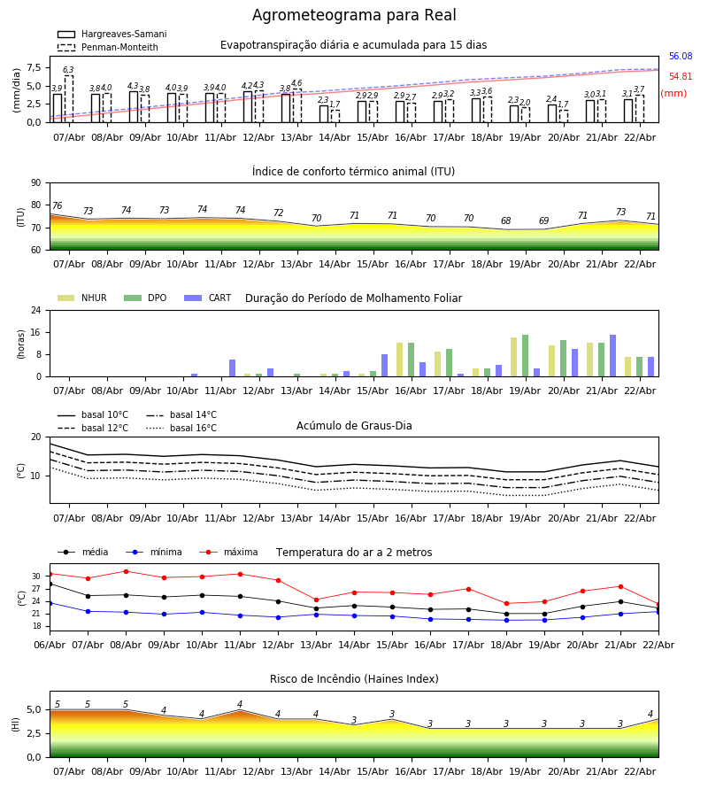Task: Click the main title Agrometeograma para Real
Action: click(x=354, y=16)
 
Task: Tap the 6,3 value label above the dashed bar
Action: click(x=68, y=70)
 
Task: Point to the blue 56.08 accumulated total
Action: click(x=681, y=57)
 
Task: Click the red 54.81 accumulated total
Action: click(x=681, y=77)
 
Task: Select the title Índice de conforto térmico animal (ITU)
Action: click(x=353, y=172)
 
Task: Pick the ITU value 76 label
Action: click(x=57, y=206)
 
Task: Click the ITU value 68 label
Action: click(x=505, y=221)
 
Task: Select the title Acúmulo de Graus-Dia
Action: click(x=354, y=426)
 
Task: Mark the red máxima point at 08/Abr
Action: click(x=126, y=571)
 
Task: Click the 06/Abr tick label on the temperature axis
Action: click(x=50, y=644)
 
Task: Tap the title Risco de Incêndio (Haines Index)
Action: click(x=354, y=679)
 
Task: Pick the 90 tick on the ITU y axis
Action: click(x=35, y=183)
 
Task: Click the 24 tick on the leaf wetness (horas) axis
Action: click(x=35, y=311)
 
